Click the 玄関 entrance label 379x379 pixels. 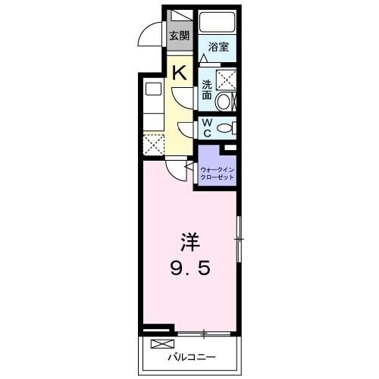tap(179, 36)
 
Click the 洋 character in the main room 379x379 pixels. tap(189, 244)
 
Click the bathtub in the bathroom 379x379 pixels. tap(218, 24)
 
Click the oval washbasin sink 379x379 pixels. tap(224, 102)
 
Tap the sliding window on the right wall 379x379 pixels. tap(239, 240)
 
